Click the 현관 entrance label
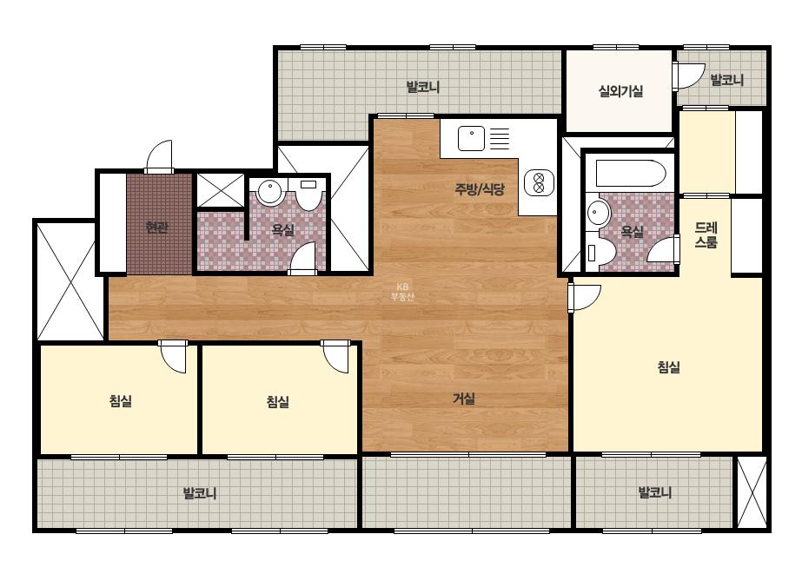click(x=156, y=227)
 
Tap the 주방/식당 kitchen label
click(x=480, y=189)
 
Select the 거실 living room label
click(x=464, y=399)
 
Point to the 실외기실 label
click(x=620, y=91)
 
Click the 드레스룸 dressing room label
click(x=706, y=234)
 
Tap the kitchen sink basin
click(x=471, y=139)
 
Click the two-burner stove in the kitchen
click(x=539, y=182)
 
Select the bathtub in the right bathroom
click(x=631, y=174)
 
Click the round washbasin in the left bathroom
click(x=269, y=192)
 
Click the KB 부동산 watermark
click(x=402, y=292)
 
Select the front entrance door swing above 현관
click(x=159, y=156)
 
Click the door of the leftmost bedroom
click(x=172, y=356)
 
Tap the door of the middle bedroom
click(x=335, y=356)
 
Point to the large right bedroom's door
click(x=584, y=298)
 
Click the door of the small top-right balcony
click(x=688, y=76)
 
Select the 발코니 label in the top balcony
click(x=423, y=87)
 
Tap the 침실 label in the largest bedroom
click(x=668, y=366)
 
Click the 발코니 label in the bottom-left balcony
click(x=200, y=493)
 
